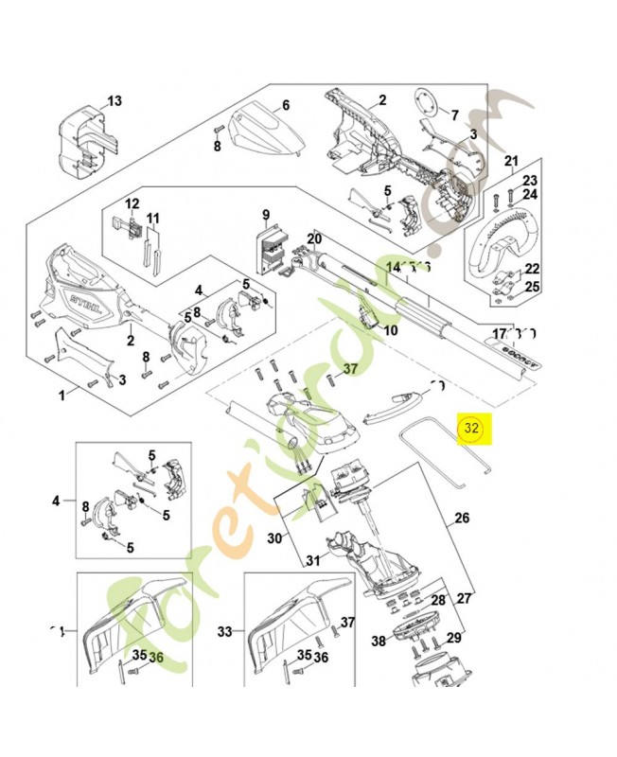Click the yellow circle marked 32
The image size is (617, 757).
pos(471,429)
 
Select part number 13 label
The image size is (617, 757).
pos(115,101)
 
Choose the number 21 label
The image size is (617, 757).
pos(512,160)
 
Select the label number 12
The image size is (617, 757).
pos(132,203)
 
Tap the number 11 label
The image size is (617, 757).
pos(152,219)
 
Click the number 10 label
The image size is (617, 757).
pos(390,331)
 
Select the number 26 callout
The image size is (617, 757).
pos(461,518)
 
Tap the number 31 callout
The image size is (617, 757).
pos(310,559)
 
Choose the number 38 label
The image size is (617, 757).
pos(379,641)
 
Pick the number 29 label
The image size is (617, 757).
pos(453,637)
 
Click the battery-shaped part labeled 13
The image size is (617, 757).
pos(88,148)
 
